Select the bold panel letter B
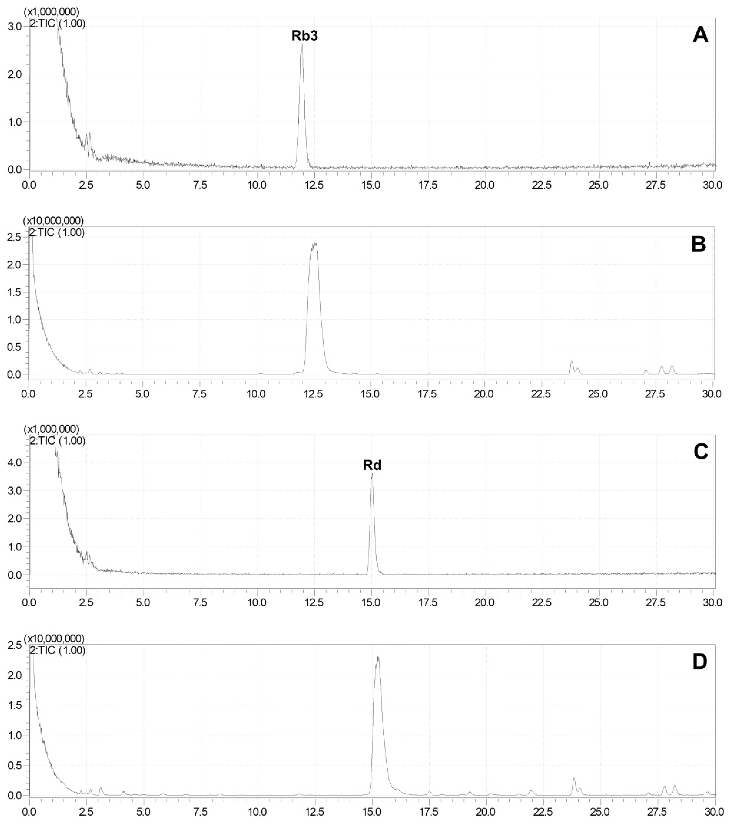[699, 244]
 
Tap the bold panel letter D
[699, 662]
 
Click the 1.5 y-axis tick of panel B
[15, 292]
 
